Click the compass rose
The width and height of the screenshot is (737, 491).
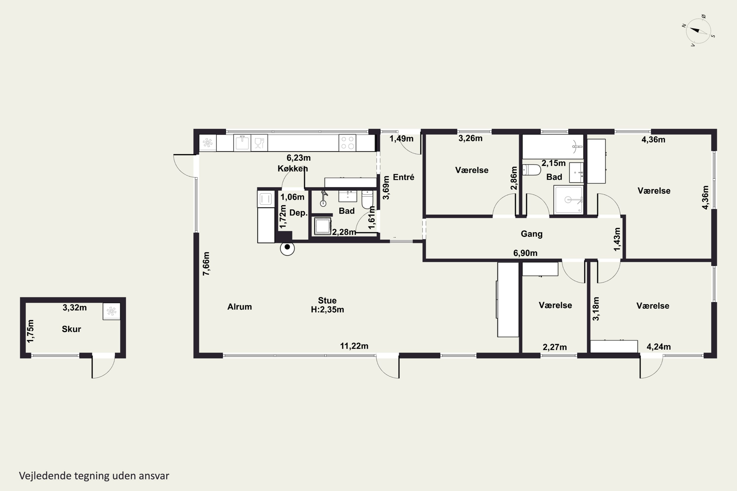click(698, 31)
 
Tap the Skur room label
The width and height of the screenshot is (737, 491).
click(71, 329)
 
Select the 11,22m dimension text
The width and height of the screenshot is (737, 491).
click(354, 346)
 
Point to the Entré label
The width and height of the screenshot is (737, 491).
click(404, 177)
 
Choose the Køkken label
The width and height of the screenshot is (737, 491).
click(293, 168)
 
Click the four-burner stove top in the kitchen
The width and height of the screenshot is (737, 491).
click(347, 143)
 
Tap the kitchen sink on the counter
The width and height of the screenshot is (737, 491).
click(242, 143)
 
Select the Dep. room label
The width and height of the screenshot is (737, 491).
click(298, 213)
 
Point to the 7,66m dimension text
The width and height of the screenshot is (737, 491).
click(206, 264)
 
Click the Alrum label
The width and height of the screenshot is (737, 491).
click(239, 307)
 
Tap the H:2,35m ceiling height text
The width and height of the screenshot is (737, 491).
click(327, 310)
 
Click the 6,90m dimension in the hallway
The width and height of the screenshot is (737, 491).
click(525, 253)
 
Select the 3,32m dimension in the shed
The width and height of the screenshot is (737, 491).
click(75, 308)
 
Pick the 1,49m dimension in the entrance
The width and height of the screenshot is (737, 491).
click(401, 138)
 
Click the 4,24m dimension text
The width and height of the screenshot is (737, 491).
click(659, 347)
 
